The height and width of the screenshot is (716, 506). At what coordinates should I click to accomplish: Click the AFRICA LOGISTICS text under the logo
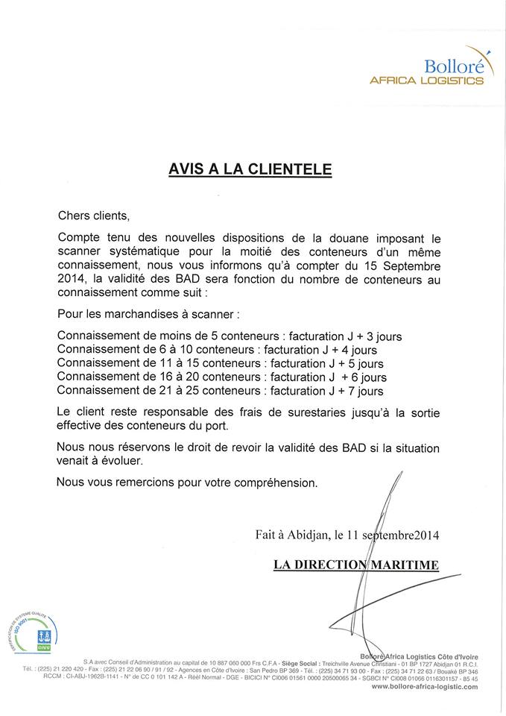point(426,81)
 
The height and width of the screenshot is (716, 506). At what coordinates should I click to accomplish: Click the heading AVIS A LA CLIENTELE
point(250,170)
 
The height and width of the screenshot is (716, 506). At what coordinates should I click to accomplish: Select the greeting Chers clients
point(93,216)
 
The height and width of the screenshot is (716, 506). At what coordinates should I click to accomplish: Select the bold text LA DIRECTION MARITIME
point(356,565)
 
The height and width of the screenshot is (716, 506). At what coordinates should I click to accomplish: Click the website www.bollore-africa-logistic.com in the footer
point(424,686)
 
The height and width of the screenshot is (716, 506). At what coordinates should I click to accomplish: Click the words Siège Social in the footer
point(297,662)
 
